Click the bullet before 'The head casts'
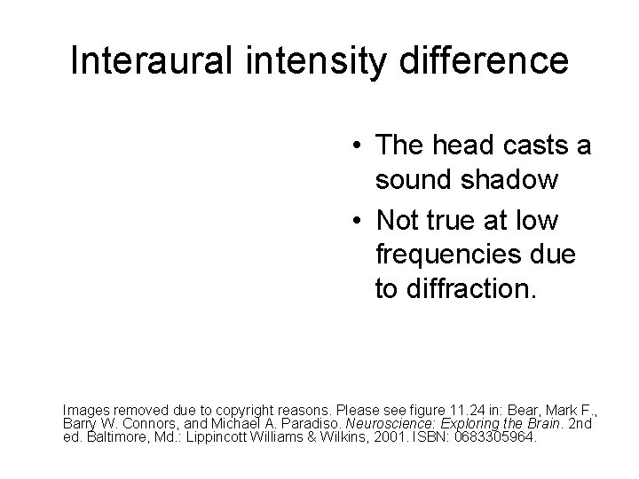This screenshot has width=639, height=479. pos(354,146)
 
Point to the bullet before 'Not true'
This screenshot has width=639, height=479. pos(354,218)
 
